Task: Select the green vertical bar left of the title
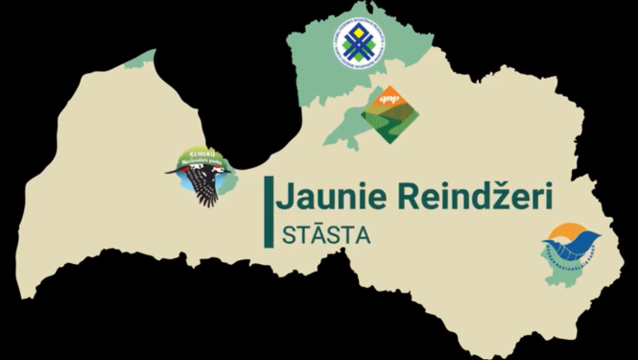click(272, 208)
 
